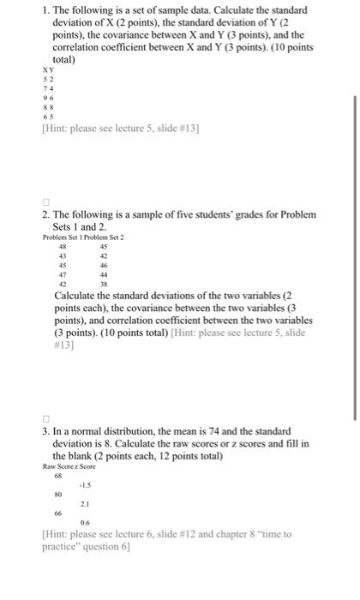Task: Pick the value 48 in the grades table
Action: point(62,248)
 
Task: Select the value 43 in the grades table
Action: point(62,257)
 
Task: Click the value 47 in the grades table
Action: point(62,276)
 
